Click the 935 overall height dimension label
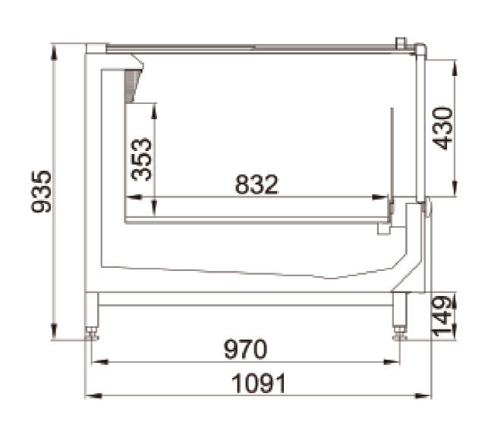point(41,191)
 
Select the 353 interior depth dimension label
point(141,159)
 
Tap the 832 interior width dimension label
point(257,184)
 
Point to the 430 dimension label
point(442,128)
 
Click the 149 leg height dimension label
point(442,316)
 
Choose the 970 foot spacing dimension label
point(245,349)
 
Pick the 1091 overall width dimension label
point(259,383)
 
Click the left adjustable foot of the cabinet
point(92,333)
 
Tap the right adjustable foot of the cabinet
point(399,333)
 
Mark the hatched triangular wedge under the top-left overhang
point(131,86)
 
